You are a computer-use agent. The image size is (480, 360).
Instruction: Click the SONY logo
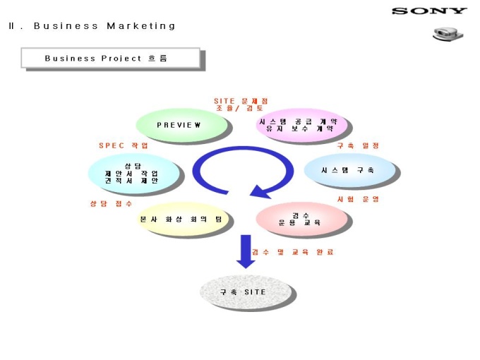(429, 11)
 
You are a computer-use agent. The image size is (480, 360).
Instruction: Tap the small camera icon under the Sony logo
(444, 34)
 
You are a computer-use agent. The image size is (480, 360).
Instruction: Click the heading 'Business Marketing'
(104, 26)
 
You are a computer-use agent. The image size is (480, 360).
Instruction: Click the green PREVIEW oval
(181, 124)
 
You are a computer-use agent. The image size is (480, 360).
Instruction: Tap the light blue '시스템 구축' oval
(349, 170)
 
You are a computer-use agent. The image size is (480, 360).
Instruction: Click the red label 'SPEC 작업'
(124, 145)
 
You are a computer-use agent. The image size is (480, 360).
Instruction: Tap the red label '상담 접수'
(111, 203)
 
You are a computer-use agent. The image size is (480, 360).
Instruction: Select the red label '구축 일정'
(358, 145)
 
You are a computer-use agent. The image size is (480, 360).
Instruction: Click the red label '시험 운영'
(358, 199)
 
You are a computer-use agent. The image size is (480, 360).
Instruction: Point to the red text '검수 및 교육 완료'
(292, 252)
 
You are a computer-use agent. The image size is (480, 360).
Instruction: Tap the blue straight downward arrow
(245, 251)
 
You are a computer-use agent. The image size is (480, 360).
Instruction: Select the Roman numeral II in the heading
(12, 26)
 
